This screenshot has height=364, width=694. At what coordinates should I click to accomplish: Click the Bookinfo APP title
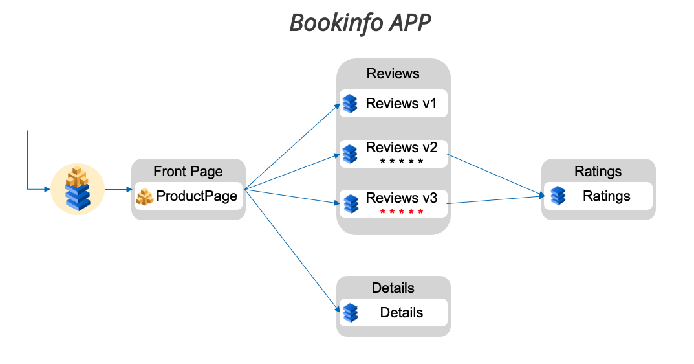[x=360, y=23]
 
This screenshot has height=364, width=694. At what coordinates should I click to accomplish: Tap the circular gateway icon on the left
[x=78, y=189]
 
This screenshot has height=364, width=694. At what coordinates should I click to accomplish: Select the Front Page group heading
[x=188, y=172]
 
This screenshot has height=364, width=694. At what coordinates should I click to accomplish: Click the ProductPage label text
[x=197, y=196]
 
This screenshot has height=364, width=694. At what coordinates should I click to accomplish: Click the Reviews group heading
[x=393, y=74]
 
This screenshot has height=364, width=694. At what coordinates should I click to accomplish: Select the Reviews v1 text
[x=401, y=104]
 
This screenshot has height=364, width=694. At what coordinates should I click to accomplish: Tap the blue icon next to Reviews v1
[x=350, y=104]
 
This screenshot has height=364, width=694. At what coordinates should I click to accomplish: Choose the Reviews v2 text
[x=401, y=148]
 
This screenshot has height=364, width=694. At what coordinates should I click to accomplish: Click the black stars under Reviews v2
[x=402, y=161]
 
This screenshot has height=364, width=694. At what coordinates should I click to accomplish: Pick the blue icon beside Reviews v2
[x=350, y=154]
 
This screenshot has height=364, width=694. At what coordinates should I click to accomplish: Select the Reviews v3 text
[x=401, y=198]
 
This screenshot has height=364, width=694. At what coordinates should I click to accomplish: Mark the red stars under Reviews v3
[x=402, y=212]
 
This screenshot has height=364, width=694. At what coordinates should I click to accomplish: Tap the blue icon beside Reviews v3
[x=350, y=203]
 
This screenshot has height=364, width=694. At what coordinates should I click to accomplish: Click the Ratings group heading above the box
[x=598, y=172]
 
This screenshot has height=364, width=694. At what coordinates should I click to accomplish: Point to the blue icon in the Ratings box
[x=558, y=196]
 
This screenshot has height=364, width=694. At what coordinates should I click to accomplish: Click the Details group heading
[x=393, y=288]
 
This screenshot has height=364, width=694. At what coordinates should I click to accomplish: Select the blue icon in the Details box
[x=350, y=312]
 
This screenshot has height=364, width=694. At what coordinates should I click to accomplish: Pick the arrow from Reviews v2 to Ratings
[x=495, y=175]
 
